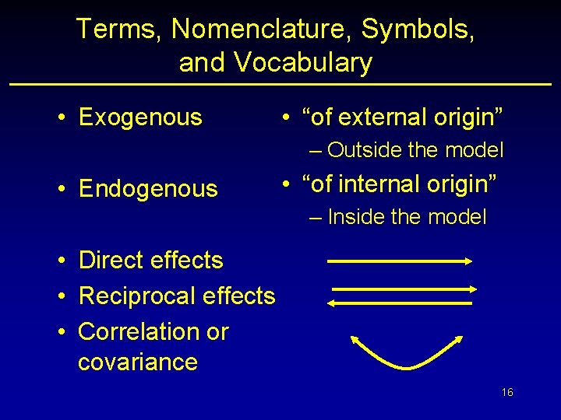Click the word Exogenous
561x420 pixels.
tap(140, 117)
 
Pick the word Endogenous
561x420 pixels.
tap(148, 188)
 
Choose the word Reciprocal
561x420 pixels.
tap(137, 296)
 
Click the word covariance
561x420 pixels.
tap(138, 362)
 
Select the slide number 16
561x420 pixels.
tap(507, 393)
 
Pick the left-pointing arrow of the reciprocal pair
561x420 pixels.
tap(400, 302)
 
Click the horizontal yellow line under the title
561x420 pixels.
tap(280, 84)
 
